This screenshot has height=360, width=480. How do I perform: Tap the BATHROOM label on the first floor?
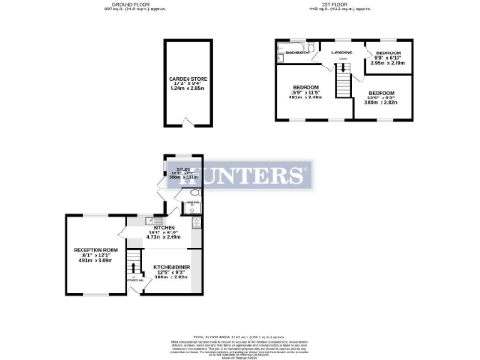point(299,53)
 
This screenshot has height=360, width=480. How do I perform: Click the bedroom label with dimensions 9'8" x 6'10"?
point(389,54)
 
